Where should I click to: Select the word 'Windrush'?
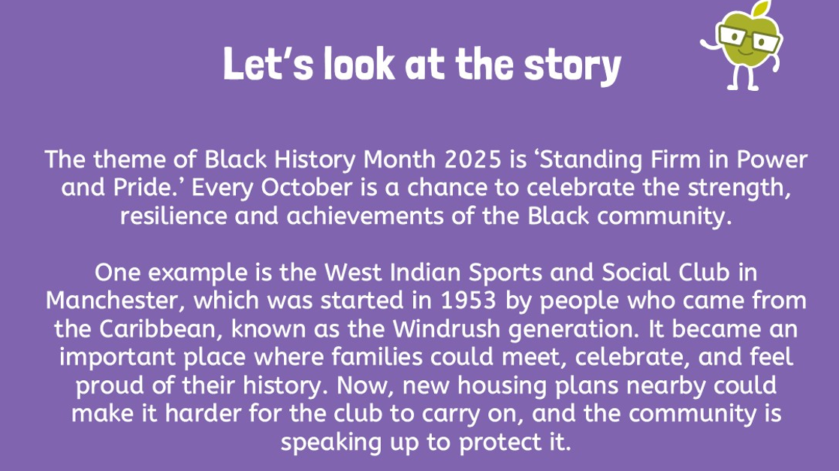coord(446,329)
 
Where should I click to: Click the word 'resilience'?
coord(173,216)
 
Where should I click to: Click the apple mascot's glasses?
coord(749,38)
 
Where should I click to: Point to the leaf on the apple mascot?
coord(762,8)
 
